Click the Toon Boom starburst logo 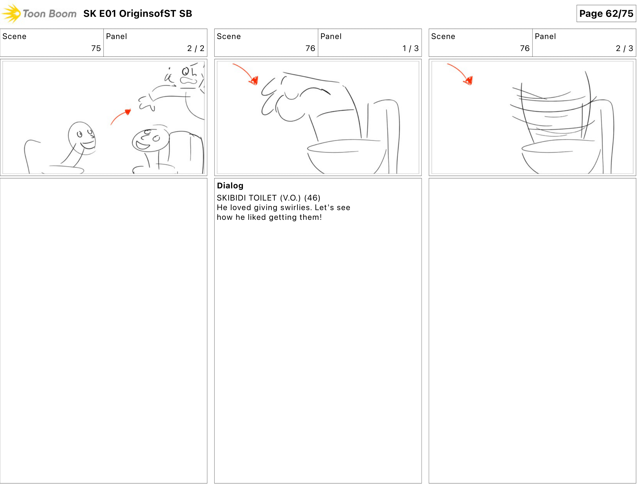pyautogui.click(x=11, y=13)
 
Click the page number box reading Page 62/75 pyautogui.click(x=606, y=13)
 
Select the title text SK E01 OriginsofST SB pyautogui.click(x=137, y=13)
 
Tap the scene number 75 pyautogui.click(x=96, y=48)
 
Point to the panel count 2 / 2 pyautogui.click(x=195, y=48)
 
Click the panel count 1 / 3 pyautogui.click(x=410, y=48)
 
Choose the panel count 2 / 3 pyautogui.click(x=624, y=48)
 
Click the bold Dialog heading pyautogui.click(x=230, y=186)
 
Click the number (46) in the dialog pyautogui.click(x=312, y=198)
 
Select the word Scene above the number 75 pyautogui.click(x=14, y=37)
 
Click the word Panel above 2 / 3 pyautogui.click(x=545, y=37)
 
